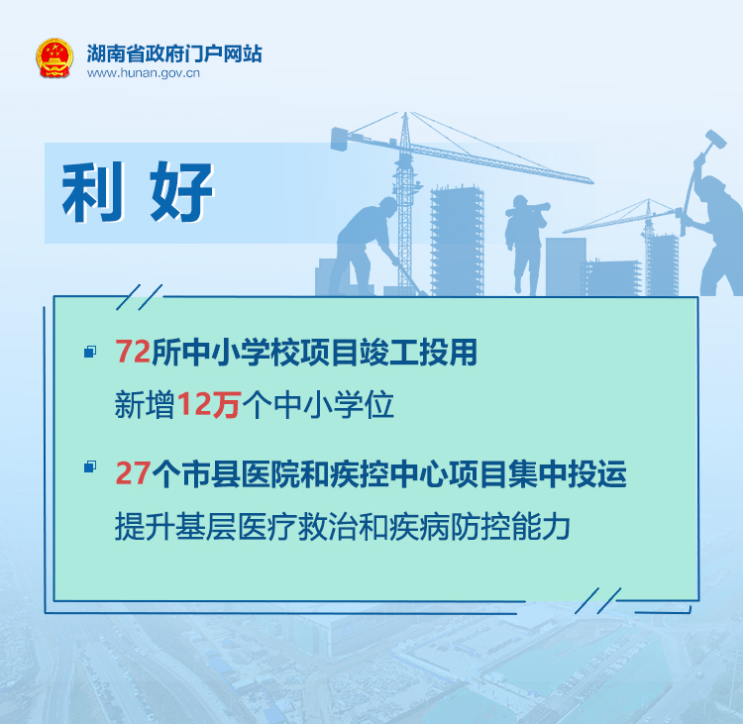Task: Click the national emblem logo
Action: point(54,57)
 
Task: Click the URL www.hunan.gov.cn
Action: point(143,73)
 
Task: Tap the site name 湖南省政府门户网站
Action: point(174,53)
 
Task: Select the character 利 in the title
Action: point(93,192)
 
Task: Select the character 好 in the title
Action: point(182,192)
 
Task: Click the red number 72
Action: point(133,351)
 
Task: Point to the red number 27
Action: point(133,472)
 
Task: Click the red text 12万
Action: point(209,404)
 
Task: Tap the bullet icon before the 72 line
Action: point(90,351)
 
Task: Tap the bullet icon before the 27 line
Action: point(90,466)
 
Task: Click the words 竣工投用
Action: point(417,352)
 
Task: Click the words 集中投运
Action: point(568,473)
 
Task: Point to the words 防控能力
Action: point(510,527)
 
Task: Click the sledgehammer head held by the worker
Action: point(715,139)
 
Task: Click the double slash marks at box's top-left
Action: point(140,297)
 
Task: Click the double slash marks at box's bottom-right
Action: point(598,601)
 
